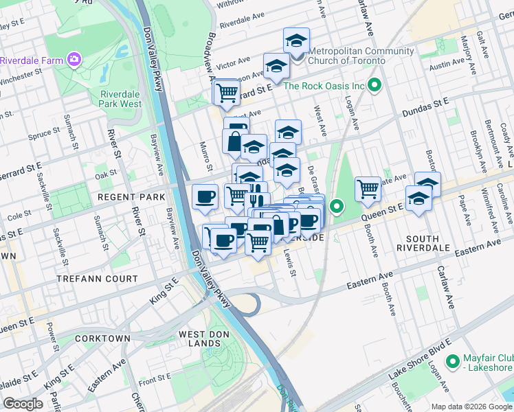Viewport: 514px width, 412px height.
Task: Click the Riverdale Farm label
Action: point(32,60)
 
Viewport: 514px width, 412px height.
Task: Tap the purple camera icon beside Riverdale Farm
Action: point(74,60)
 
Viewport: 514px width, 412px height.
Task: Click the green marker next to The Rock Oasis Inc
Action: point(375,86)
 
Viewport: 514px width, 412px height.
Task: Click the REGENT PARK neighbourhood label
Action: point(131,197)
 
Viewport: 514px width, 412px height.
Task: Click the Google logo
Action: point(23,404)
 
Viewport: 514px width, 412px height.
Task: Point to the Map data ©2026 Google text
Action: point(471,407)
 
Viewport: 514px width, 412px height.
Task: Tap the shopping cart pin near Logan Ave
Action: point(368,187)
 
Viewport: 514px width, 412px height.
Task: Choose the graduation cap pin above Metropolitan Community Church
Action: point(296,40)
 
